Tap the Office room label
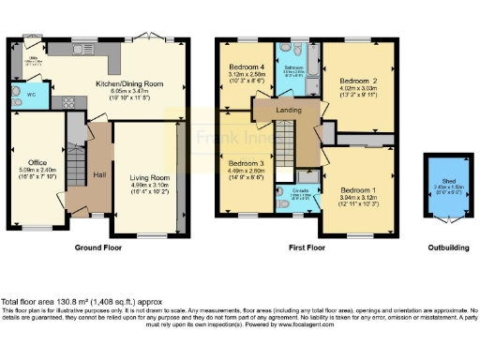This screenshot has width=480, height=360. pyautogui.click(x=37, y=163)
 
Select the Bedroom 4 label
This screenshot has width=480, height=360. pyautogui.click(x=248, y=67)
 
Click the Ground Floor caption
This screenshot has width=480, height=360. pyautogui.click(x=99, y=247)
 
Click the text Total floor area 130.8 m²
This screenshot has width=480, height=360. pyautogui.click(x=56, y=301)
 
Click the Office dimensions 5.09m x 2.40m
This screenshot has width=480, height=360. pyautogui.click(x=37, y=171)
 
